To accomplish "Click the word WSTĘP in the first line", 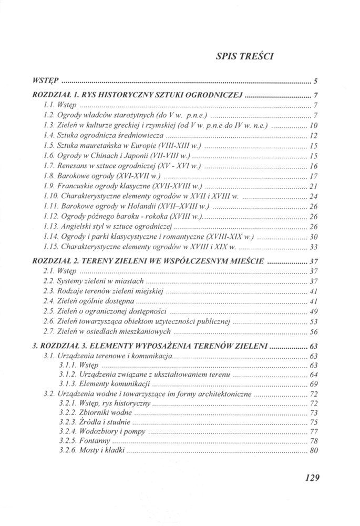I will pyautogui.click(x=44, y=82).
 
